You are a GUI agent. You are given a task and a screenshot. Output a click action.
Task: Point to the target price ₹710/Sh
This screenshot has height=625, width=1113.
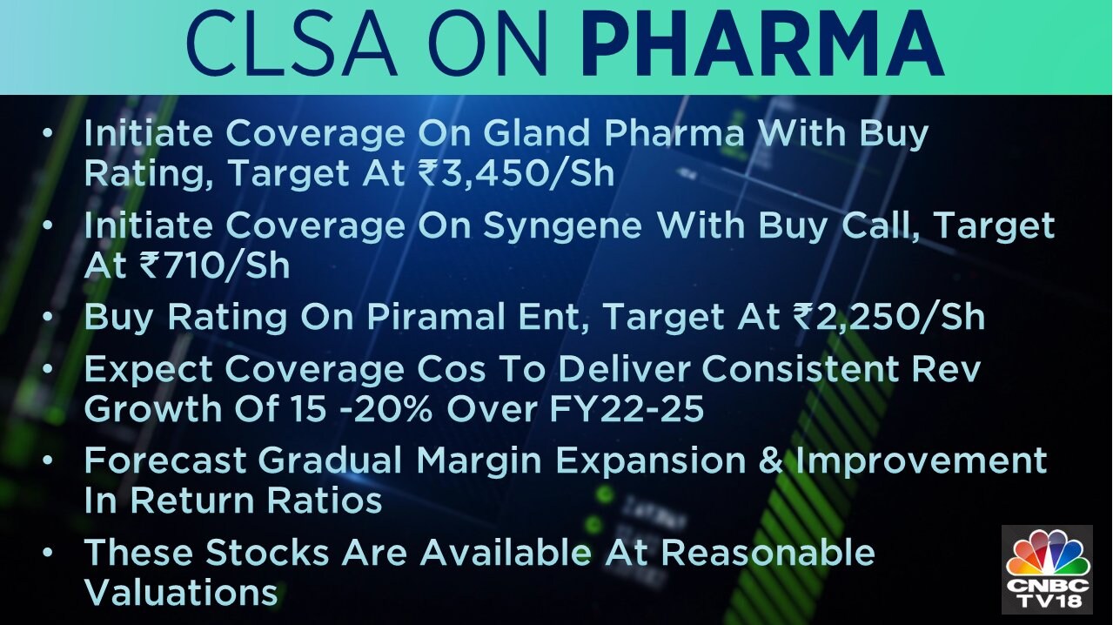(214, 265)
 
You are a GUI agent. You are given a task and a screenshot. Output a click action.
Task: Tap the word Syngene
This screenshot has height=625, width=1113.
(563, 226)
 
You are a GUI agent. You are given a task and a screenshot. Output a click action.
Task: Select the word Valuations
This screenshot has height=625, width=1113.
(181, 592)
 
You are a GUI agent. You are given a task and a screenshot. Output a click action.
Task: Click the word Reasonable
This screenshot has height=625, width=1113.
(768, 552)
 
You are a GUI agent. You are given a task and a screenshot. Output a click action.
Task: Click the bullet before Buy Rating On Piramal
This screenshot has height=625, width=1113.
(48, 318)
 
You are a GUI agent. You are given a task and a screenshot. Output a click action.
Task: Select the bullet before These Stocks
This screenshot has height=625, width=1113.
(48, 553)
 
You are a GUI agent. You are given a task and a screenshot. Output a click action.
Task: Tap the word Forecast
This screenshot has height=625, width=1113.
(165, 460)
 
